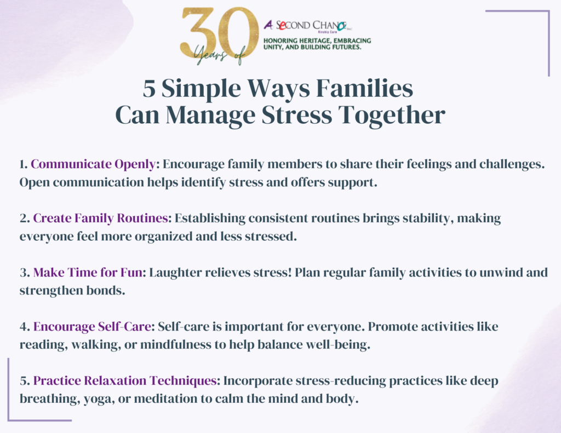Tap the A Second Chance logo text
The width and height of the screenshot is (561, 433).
(308, 25)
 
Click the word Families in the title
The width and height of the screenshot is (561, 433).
(364, 88)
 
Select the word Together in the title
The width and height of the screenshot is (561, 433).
(392, 116)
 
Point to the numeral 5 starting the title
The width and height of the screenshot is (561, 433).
(149, 89)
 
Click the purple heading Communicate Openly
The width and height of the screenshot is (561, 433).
(93, 164)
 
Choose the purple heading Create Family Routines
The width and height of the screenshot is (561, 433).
(101, 218)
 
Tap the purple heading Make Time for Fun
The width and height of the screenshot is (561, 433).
(88, 273)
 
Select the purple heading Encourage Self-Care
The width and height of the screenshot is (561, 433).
(92, 327)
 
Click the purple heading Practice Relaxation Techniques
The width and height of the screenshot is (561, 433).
(125, 381)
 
